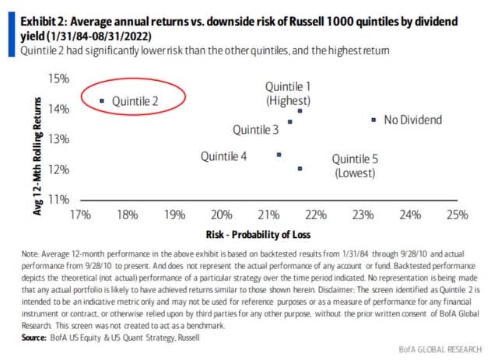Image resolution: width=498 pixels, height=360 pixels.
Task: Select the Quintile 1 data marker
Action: click(300, 111)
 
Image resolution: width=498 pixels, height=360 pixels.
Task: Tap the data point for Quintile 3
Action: click(290, 122)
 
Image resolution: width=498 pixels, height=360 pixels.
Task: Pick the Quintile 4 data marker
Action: click(279, 155)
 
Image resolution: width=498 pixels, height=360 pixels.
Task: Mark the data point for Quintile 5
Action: click(300, 168)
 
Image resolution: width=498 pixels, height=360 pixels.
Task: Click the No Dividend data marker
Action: click(374, 120)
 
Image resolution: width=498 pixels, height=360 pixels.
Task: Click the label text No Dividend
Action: click(412, 120)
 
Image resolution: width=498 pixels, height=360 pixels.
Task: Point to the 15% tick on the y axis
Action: click(60, 79)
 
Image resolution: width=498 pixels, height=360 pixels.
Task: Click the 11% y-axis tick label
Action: click(60, 200)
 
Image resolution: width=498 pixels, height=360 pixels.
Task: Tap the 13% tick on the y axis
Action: click(60, 139)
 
